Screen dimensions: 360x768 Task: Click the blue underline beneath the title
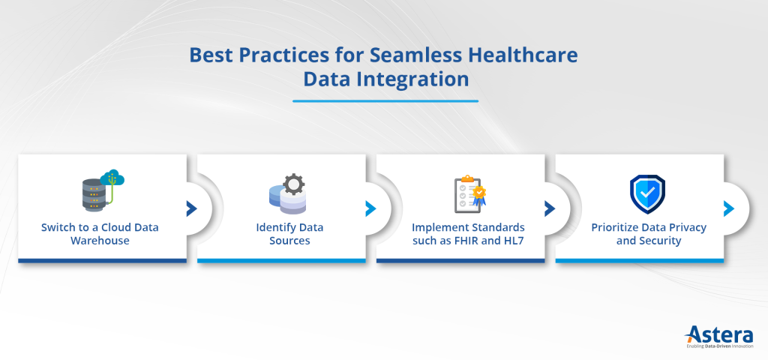click(x=385, y=100)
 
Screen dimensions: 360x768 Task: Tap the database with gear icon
click(x=286, y=193)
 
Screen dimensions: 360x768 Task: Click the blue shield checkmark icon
click(x=646, y=194)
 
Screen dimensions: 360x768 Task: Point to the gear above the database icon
click(x=295, y=183)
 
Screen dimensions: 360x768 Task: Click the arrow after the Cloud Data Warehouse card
click(x=191, y=208)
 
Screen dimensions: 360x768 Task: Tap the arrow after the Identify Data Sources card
click(x=370, y=208)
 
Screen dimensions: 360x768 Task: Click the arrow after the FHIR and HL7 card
click(x=550, y=208)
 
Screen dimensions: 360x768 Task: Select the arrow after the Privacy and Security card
click(x=728, y=208)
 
